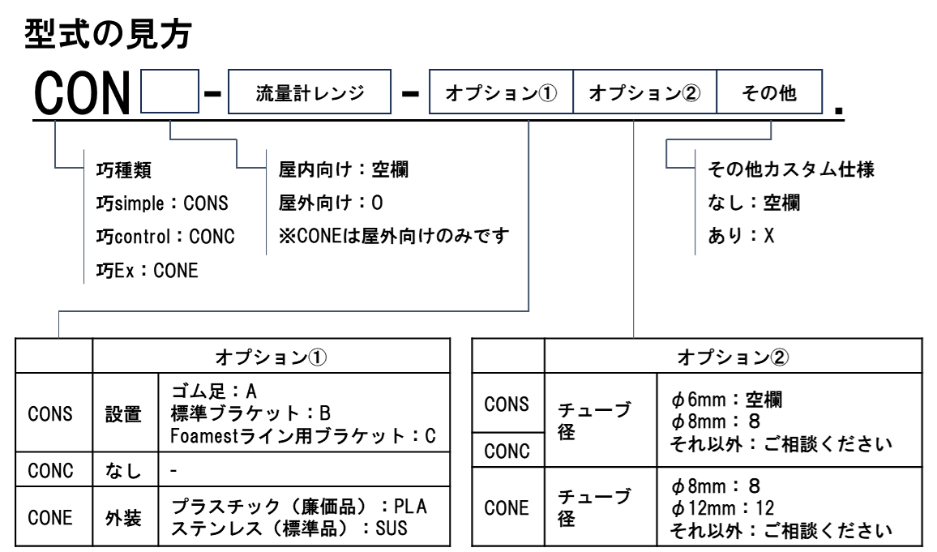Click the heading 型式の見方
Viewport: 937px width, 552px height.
tap(108, 34)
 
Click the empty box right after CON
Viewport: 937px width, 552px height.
tap(169, 92)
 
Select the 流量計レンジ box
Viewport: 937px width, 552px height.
tap(310, 92)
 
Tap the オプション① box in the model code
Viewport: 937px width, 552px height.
tap(502, 92)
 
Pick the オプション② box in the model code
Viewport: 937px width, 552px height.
tap(644, 92)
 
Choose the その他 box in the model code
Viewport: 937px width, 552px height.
tap(770, 92)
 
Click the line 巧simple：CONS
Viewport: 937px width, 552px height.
tap(162, 203)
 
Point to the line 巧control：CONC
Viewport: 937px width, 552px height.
tap(165, 237)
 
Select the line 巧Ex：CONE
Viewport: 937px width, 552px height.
tap(147, 271)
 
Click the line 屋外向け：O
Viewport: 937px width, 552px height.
tap(331, 203)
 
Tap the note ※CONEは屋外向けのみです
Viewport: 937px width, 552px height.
tap(394, 236)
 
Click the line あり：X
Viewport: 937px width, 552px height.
tap(741, 236)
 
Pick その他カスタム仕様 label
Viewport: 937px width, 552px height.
tap(791, 169)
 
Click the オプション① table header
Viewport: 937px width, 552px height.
tap(272, 357)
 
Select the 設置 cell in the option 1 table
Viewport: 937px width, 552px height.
tap(123, 414)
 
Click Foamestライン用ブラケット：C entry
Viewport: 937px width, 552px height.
tap(303, 436)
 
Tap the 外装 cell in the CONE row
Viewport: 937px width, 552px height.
tap(123, 518)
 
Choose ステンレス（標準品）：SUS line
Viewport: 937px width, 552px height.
tap(289, 528)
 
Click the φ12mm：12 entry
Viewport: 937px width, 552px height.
tap(722, 508)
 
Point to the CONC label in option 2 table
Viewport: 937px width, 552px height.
tap(507, 451)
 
